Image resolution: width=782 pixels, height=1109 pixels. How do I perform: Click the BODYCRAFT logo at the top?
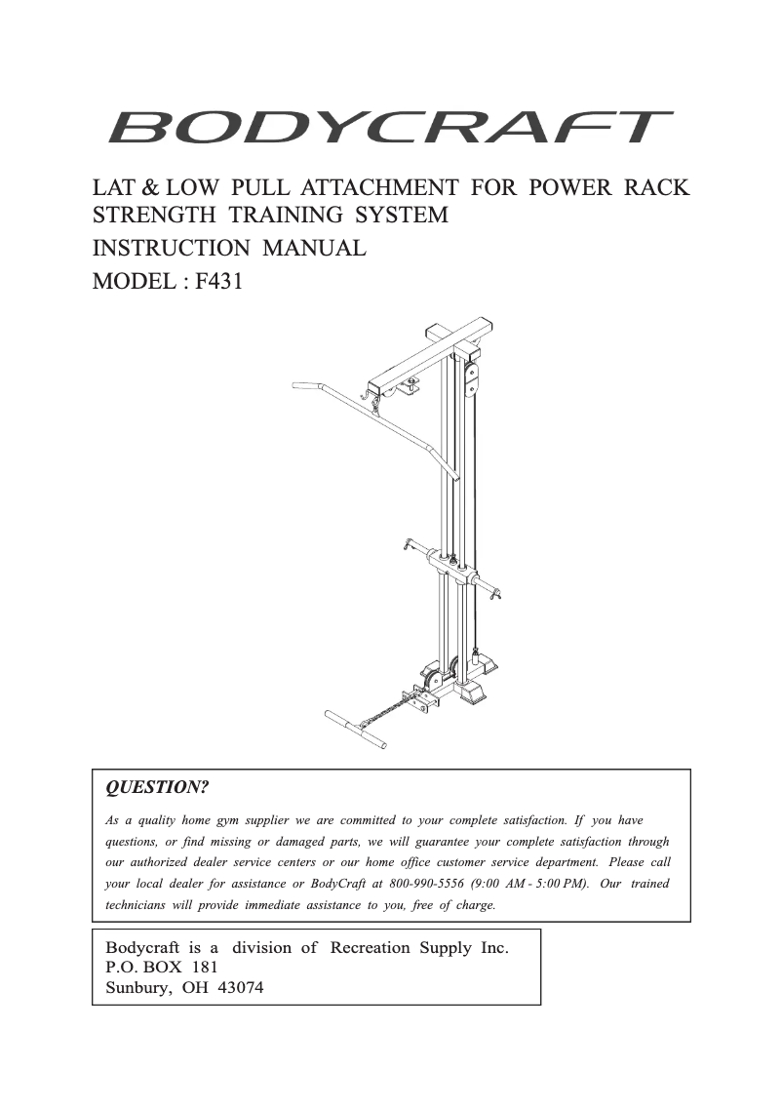point(390,128)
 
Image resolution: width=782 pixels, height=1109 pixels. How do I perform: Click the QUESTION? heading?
point(157,786)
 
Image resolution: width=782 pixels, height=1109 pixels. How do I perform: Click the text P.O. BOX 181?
point(161,967)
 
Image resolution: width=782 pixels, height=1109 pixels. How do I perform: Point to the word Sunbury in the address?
point(137,986)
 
